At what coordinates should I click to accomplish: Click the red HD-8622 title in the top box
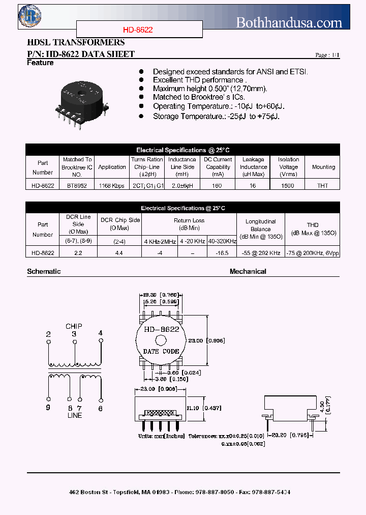tap(138, 30)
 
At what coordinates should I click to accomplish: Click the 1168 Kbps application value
tap(112, 186)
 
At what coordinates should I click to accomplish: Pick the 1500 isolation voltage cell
tap(288, 186)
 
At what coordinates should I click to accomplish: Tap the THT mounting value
tap(323, 186)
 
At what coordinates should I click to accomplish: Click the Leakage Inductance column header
tap(253, 167)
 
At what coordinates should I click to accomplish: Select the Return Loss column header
tap(189, 220)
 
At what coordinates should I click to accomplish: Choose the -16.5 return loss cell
tap(222, 252)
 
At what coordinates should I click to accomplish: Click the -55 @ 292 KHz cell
tap(261, 252)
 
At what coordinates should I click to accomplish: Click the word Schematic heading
tap(44, 272)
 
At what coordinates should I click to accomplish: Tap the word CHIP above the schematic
tap(74, 326)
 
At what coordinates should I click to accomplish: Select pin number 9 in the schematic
tap(48, 408)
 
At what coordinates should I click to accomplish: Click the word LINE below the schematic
tap(75, 415)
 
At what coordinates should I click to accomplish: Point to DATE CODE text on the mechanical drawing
tap(161, 351)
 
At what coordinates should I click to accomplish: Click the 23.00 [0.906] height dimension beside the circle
tap(213, 340)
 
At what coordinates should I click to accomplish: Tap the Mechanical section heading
tap(248, 272)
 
